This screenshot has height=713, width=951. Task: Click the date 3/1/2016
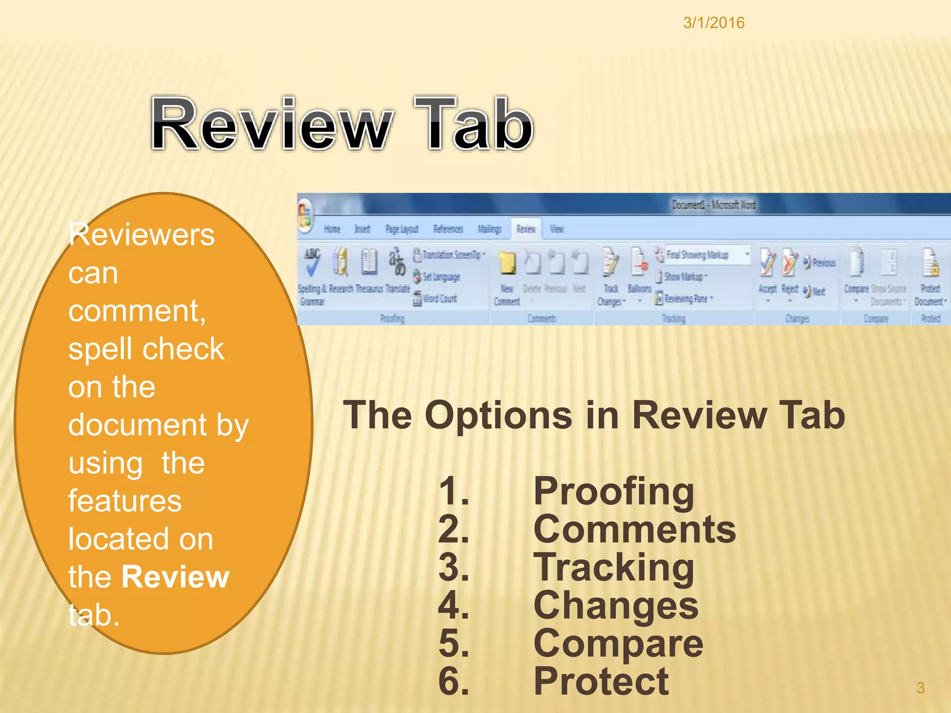(714, 23)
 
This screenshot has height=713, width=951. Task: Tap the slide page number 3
(920, 687)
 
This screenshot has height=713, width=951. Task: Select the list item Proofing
(613, 492)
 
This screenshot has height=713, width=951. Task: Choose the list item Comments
(634, 530)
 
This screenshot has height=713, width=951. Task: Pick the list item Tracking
(613, 568)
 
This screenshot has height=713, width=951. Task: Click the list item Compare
(618, 644)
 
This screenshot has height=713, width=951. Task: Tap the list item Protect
(601, 682)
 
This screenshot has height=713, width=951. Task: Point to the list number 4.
(453, 606)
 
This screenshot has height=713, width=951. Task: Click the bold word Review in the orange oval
(175, 577)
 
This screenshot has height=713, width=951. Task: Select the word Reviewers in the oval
(142, 234)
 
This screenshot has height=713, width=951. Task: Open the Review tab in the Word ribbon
(526, 229)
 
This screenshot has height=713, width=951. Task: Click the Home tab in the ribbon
(332, 229)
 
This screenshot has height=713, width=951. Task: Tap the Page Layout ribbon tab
(402, 229)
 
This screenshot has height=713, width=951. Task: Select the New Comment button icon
(507, 263)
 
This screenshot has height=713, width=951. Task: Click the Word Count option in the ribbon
(439, 298)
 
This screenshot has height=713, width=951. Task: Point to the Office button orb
(306, 215)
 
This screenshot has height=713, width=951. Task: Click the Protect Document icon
(930, 263)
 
